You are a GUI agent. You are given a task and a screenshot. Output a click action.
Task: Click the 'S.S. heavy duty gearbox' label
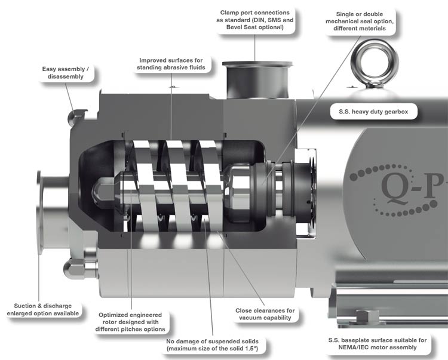pyautogui.click(x=374, y=111)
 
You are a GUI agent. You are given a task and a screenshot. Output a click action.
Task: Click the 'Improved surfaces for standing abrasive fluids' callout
pyautogui.click(x=170, y=64)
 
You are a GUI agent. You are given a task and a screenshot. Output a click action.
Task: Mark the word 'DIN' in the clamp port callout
pyautogui.click(x=272, y=20)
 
